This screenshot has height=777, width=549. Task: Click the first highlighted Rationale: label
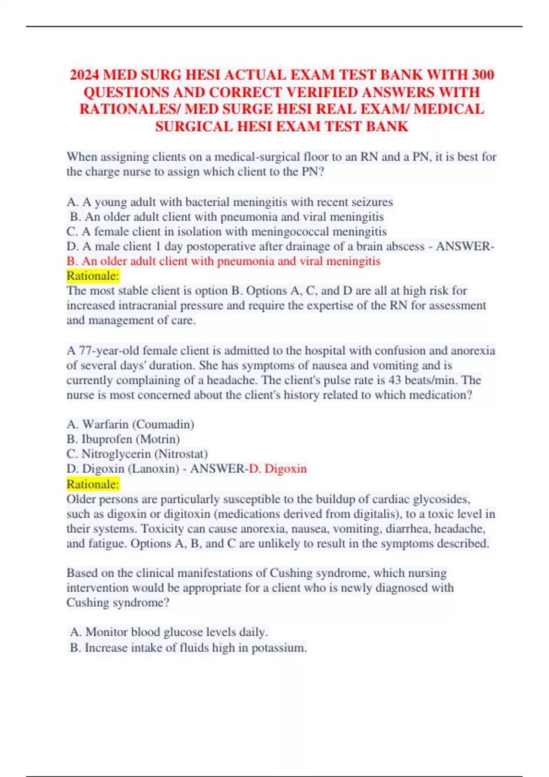[x=93, y=276]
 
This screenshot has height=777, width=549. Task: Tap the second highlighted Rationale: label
[x=93, y=484]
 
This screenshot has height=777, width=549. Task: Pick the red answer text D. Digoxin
[x=278, y=468]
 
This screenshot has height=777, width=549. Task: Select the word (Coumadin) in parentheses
[x=163, y=424]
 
